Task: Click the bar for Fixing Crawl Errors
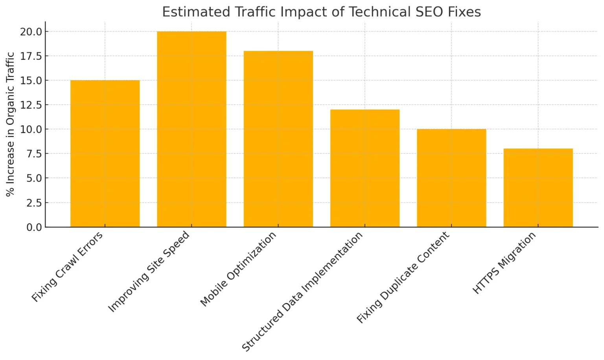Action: [x=105, y=153]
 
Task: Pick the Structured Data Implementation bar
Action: [x=365, y=168]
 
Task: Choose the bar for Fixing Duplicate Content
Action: [x=451, y=178]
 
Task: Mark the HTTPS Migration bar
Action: [x=538, y=188]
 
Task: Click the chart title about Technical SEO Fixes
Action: [x=321, y=12]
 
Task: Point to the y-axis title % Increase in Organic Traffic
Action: [x=10, y=124]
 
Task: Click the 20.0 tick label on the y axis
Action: [x=31, y=31]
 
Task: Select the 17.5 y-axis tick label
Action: [x=31, y=56]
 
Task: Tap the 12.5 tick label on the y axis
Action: [x=31, y=105]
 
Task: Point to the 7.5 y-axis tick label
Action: [x=33, y=153]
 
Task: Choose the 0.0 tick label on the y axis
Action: [x=33, y=227]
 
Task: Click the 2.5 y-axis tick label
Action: [x=33, y=203]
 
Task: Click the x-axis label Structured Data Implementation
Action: [x=302, y=292]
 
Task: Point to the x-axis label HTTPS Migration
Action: [x=504, y=263]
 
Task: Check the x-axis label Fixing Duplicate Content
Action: [x=403, y=277]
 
